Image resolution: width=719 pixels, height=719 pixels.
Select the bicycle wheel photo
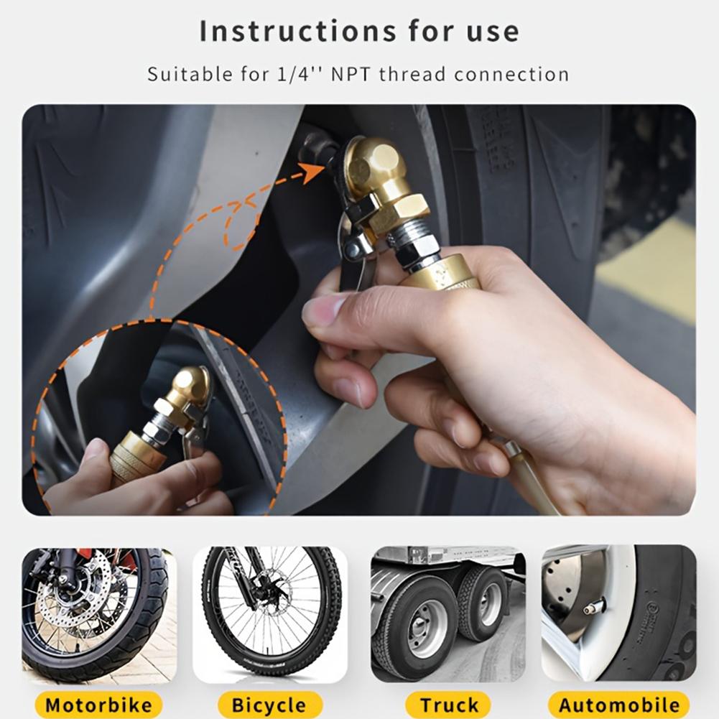point(270,614)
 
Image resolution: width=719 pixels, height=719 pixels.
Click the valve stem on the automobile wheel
point(594,608)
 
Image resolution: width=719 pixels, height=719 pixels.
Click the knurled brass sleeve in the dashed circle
point(133,458)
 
